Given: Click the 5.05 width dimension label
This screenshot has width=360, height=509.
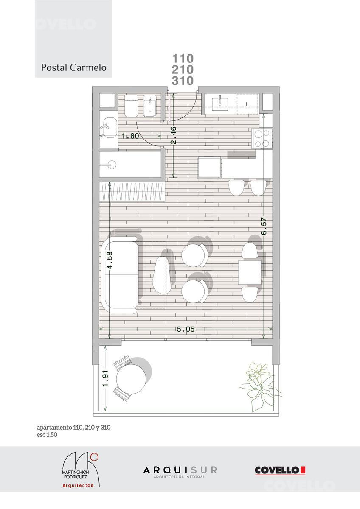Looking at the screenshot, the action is pyautogui.click(x=186, y=329).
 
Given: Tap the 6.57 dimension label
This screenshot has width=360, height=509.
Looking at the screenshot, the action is pyautogui.click(x=264, y=226).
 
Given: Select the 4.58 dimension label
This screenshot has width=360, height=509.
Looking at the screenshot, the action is pyautogui.click(x=110, y=260).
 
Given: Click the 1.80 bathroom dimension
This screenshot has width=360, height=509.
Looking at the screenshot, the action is pyautogui.click(x=130, y=136).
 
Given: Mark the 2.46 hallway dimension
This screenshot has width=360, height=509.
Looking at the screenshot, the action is pyautogui.click(x=174, y=135).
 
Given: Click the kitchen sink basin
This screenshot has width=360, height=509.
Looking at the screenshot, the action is pyautogui.click(x=220, y=104).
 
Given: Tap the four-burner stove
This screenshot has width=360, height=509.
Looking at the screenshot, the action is pyautogui.click(x=262, y=138).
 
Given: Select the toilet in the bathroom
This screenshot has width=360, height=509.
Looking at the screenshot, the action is pyautogui.click(x=132, y=106).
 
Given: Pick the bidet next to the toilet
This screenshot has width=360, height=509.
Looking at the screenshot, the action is pyautogui.click(x=149, y=106).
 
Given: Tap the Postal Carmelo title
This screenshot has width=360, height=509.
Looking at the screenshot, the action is pyautogui.click(x=74, y=67).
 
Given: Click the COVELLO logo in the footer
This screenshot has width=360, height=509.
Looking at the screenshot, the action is pyautogui.click(x=280, y=470).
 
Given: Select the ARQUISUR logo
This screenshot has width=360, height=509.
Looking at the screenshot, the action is pyautogui.click(x=180, y=472).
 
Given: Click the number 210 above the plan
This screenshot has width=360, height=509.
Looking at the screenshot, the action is pyautogui.click(x=183, y=70).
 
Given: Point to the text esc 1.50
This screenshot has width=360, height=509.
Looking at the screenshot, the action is pyautogui.click(x=47, y=435).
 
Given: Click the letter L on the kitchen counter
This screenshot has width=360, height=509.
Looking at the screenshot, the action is pyautogui.click(x=247, y=104).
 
